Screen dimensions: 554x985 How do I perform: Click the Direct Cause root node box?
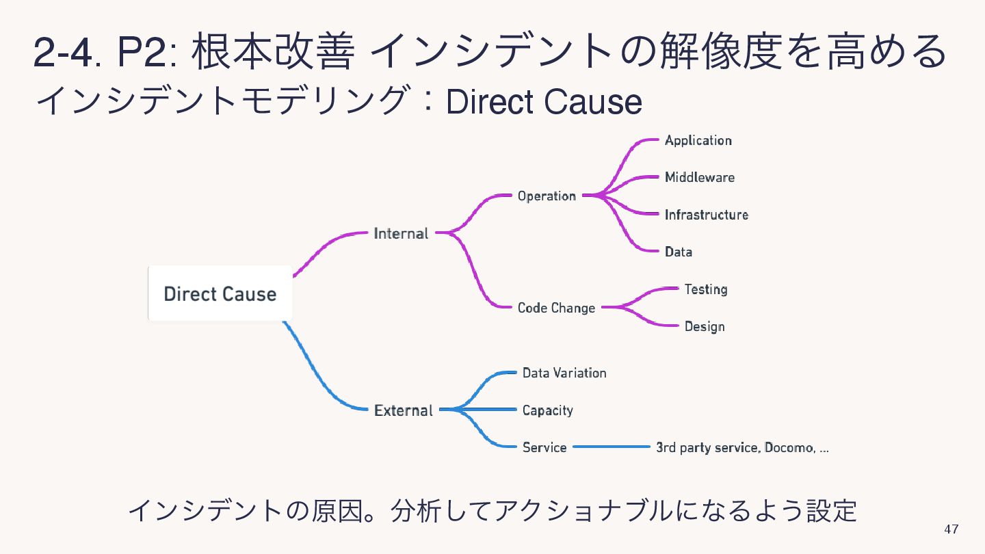click(x=220, y=294)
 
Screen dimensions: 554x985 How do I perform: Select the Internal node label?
click(x=401, y=233)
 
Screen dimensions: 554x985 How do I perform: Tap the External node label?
click(x=404, y=410)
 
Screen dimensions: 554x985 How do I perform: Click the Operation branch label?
click(x=547, y=196)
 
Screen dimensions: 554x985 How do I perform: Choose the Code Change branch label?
click(x=556, y=308)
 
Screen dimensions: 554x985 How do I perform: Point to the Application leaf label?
click(x=698, y=140)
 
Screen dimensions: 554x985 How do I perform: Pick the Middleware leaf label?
click(x=699, y=178)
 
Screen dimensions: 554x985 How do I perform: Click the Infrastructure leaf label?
click(x=706, y=215)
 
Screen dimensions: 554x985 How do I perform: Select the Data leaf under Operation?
click(x=678, y=252)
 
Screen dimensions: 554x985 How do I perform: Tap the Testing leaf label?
click(x=705, y=289)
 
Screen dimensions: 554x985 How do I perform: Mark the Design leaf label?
click(x=704, y=327)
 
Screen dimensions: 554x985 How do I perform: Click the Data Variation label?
click(x=564, y=373)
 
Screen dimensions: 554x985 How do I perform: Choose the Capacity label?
click(x=547, y=410)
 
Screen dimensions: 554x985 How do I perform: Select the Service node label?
click(x=544, y=447)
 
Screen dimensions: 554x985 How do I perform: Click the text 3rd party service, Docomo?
click(x=742, y=448)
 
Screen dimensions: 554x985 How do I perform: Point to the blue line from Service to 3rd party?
click(x=611, y=447)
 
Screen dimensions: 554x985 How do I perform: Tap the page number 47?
click(x=951, y=529)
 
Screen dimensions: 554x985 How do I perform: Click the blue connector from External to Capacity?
click(x=482, y=409)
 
